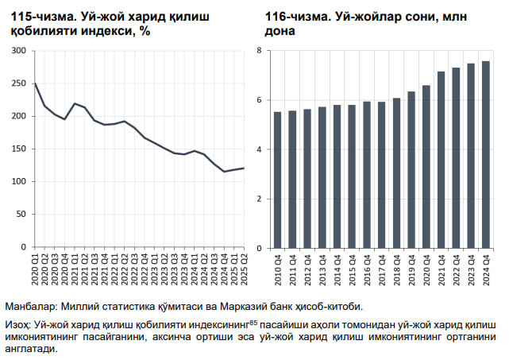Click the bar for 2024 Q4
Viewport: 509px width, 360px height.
tap(485, 154)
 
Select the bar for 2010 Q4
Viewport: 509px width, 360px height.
tap(278, 180)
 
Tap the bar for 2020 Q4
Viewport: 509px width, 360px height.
tap(426, 166)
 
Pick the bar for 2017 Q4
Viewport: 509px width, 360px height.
tap(382, 174)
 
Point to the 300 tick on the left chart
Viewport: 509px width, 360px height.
tap(19, 51)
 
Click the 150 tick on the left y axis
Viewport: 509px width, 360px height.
tap(19, 149)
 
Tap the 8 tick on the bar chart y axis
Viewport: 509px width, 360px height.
tap(259, 51)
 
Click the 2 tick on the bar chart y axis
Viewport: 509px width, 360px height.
tap(259, 198)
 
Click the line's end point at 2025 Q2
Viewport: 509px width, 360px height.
tap(243, 168)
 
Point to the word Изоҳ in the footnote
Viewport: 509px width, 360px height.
tap(19, 325)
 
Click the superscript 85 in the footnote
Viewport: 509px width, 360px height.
tap(253, 323)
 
